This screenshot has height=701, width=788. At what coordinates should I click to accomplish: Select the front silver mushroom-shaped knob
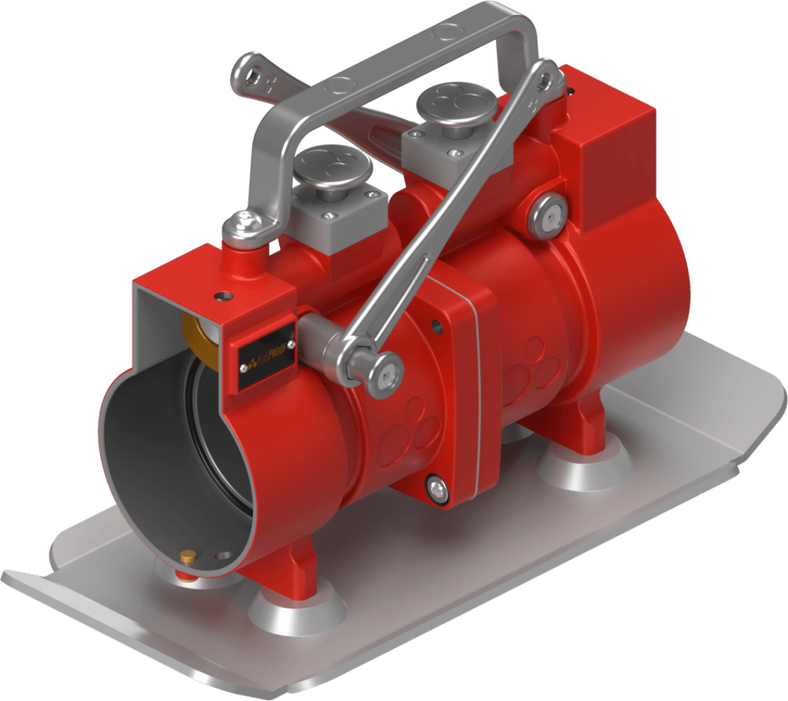pos(333,166)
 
